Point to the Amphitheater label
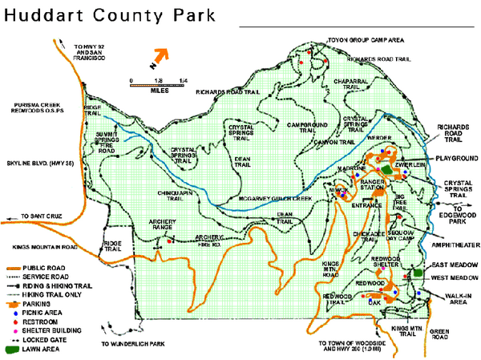click(x=453, y=237)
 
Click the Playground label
click(x=458, y=159)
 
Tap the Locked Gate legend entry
click(x=45, y=338)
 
